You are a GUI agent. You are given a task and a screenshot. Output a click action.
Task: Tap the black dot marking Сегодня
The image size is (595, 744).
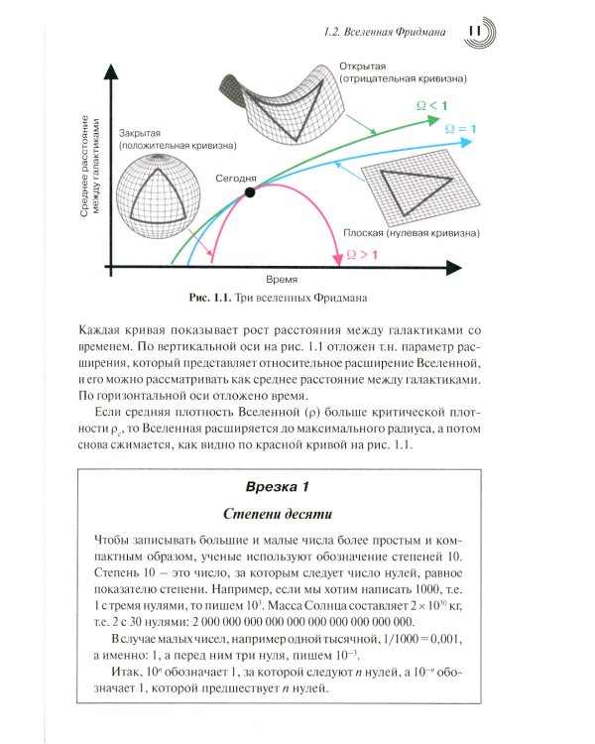click(x=249, y=190)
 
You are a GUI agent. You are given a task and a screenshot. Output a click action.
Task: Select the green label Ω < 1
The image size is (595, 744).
click(x=428, y=105)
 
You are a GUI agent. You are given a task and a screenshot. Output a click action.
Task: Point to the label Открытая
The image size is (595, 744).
click(x=363, y=62)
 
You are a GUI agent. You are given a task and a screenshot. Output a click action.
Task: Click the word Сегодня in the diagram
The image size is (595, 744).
click(x=249, y=176)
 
